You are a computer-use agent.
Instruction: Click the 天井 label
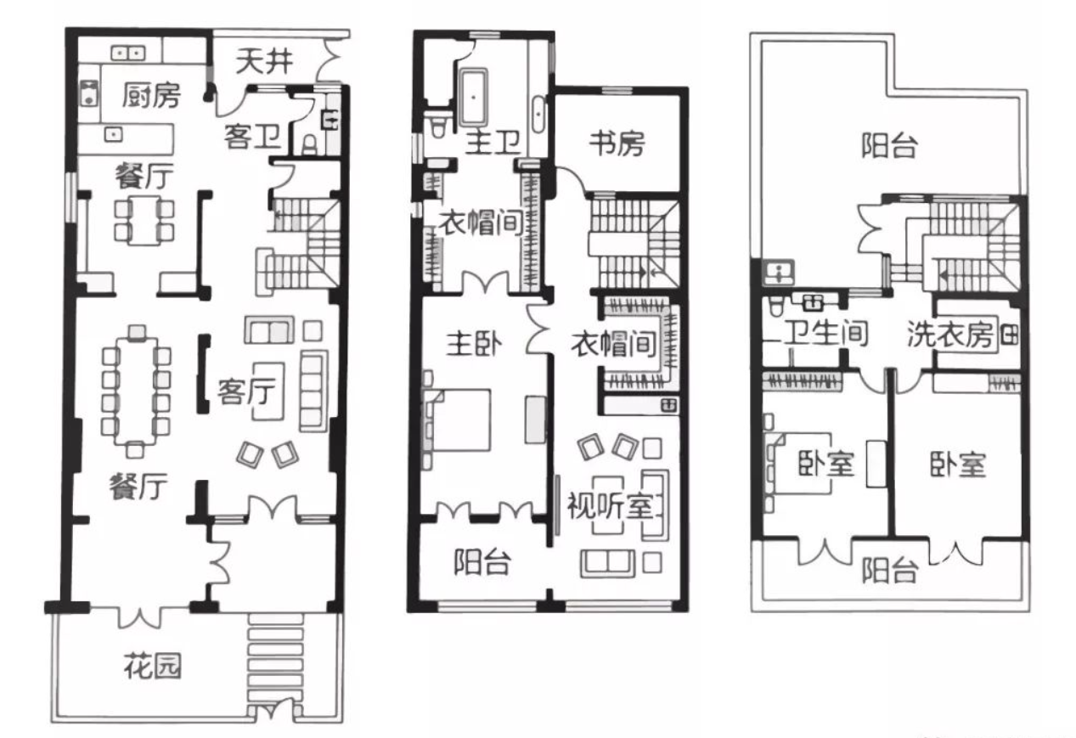264,61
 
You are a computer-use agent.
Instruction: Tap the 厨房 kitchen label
151,95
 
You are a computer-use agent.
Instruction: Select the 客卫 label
253,137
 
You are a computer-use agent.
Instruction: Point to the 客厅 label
246,391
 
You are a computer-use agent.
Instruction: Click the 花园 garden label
153,666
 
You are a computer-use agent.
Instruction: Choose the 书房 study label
617,144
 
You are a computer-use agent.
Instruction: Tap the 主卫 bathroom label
493,142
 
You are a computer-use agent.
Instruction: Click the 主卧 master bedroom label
474,344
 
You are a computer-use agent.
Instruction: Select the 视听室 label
611,505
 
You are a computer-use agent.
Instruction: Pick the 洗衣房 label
949,334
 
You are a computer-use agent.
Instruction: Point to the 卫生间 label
826,333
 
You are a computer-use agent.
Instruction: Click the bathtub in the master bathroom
474,98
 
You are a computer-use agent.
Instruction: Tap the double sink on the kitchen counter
127,53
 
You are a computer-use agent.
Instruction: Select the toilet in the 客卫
311,145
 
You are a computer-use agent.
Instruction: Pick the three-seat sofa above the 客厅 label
269,330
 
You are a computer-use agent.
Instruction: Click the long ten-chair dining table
136,391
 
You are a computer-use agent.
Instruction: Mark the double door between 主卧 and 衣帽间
485,283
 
